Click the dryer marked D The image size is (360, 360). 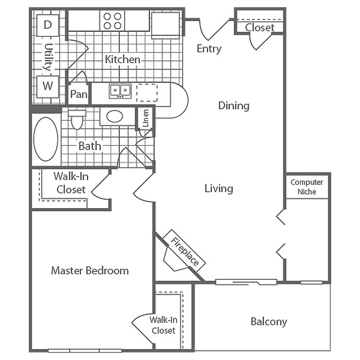coord(48,25)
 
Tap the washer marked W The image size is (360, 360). coord(48,87)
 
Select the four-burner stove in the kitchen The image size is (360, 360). coord(112,21)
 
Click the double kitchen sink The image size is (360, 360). coord(120,91)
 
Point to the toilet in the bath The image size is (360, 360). coord(77,119)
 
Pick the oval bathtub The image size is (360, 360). coord(46,139)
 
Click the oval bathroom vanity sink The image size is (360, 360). coord(115,116)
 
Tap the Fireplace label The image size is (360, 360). coord(185,251)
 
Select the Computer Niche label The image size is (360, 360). coord(307,187)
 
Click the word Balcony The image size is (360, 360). coord(269,321)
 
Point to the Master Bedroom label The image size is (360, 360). coord(90,271)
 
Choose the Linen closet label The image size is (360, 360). coord(146,118)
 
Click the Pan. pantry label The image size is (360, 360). coord(79,94)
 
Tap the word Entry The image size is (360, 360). coord(209,49)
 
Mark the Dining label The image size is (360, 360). coord(234,105)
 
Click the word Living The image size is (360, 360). coord(219,189)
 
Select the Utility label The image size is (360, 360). coord(48,57)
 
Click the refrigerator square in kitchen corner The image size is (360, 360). coord(165,24)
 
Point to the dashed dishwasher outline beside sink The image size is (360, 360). coord(147,93)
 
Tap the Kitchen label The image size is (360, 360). coord(122,59)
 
